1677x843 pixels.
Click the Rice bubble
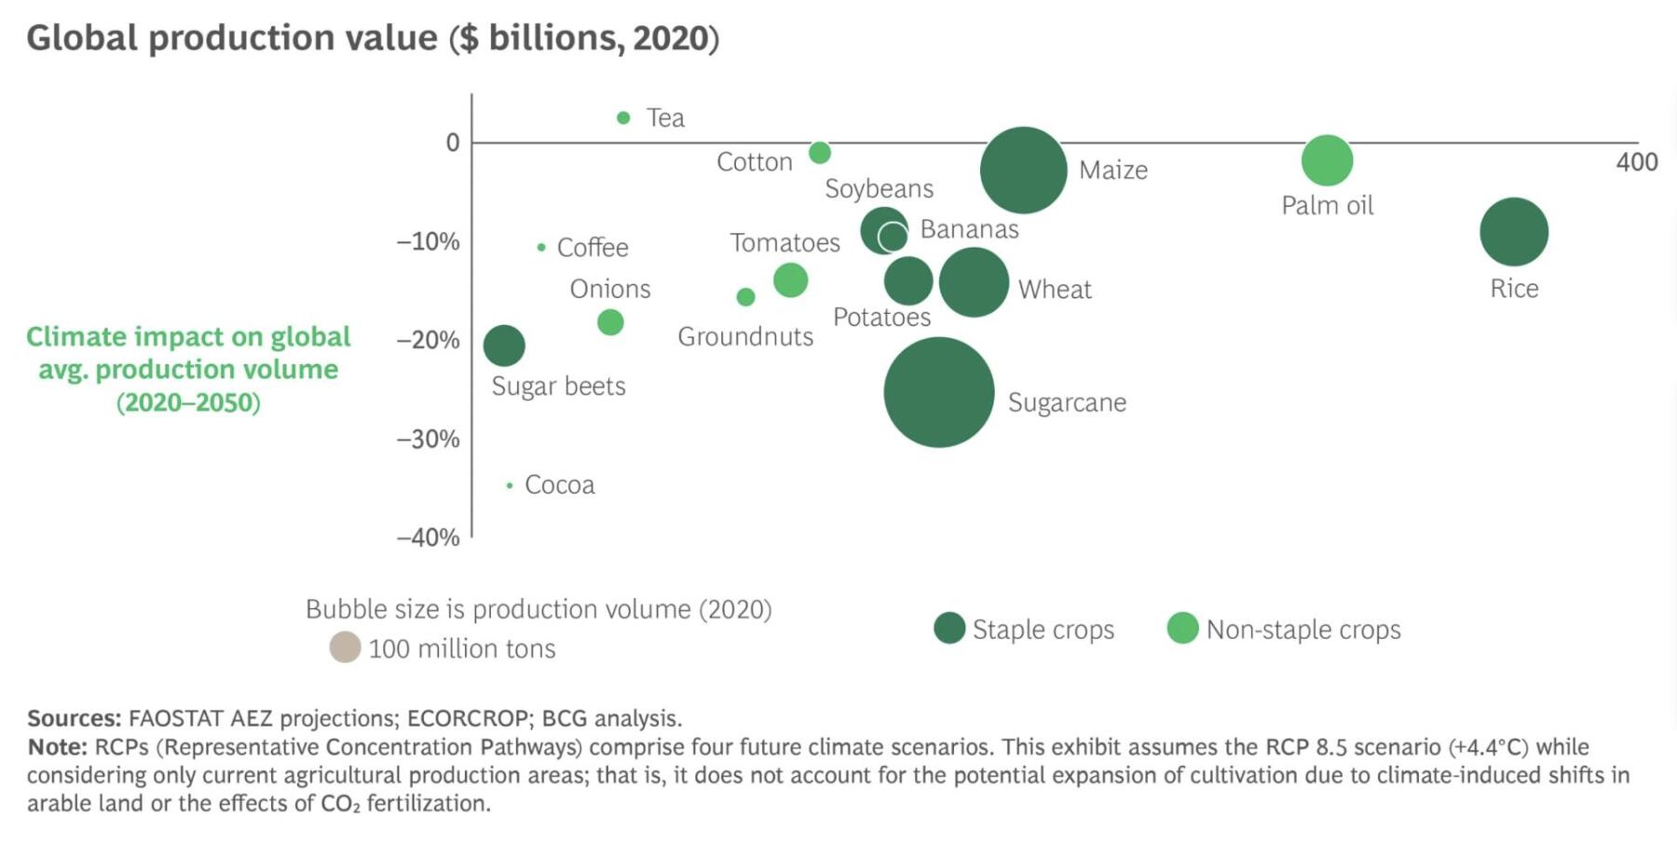[1514, 232]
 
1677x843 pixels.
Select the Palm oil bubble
[1327, 160]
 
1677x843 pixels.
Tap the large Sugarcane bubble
[939, 392]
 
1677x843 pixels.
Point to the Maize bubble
[1023, 170]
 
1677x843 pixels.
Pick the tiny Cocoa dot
[510, 485]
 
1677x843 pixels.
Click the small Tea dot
[623, 117]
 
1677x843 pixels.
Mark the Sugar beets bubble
[504, 346]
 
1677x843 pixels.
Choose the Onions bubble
[610, 322]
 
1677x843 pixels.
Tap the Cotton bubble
[820, 153]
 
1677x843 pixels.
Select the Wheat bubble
[974, 282]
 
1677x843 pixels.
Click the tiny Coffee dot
[541, 248]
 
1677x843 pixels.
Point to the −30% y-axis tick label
[429, 439]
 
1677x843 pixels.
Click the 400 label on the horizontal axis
[1637, 162]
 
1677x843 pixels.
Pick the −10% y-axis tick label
[429, 242]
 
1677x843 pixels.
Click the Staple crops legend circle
[949, 629]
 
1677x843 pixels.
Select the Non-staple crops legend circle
[1182, 629]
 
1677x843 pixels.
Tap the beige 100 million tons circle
[345, 647]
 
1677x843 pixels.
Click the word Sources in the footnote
[74, 718]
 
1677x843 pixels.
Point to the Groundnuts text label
[745, 336]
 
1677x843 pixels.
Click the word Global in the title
[81, 38]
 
